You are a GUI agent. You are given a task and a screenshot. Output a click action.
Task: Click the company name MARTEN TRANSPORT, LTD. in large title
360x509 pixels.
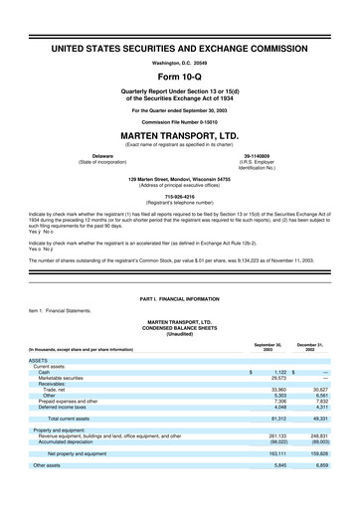[179, 137]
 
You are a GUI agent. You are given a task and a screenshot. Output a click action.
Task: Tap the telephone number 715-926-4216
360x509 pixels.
[179, 195]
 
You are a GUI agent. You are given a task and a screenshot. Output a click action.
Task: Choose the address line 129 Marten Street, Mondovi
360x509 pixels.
[179, 179]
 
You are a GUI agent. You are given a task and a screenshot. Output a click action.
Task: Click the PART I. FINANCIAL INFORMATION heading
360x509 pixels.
[179, 299]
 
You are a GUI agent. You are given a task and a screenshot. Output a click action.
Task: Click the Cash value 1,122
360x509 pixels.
[274, 371]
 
